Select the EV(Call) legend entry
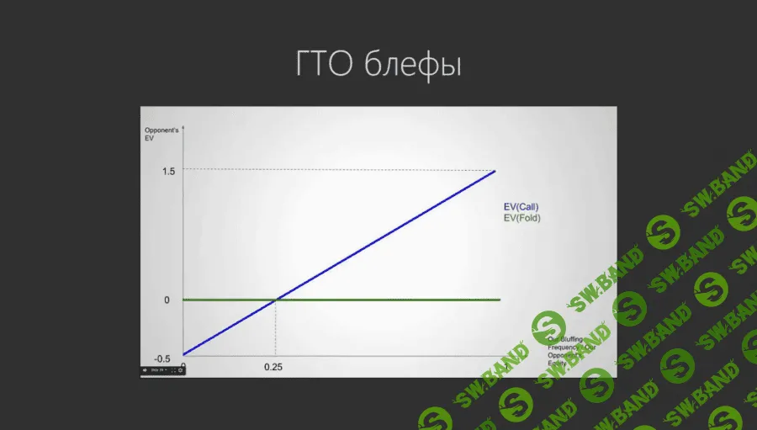coord(521,207)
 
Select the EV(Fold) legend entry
coord(521,217)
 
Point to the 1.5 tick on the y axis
coord(168,171)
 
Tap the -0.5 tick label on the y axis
coord(162,358)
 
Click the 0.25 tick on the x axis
coord(273,367)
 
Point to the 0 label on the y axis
coord(167,300)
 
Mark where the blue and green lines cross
coord(277,300)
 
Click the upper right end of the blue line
coord(495,171)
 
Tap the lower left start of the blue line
coord(183,353)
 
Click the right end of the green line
coord(500,300)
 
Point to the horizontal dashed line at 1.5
coord(336,170)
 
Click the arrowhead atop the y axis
coord(183,126)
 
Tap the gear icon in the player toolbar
coord(180,370)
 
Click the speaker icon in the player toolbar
coord(145,370)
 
